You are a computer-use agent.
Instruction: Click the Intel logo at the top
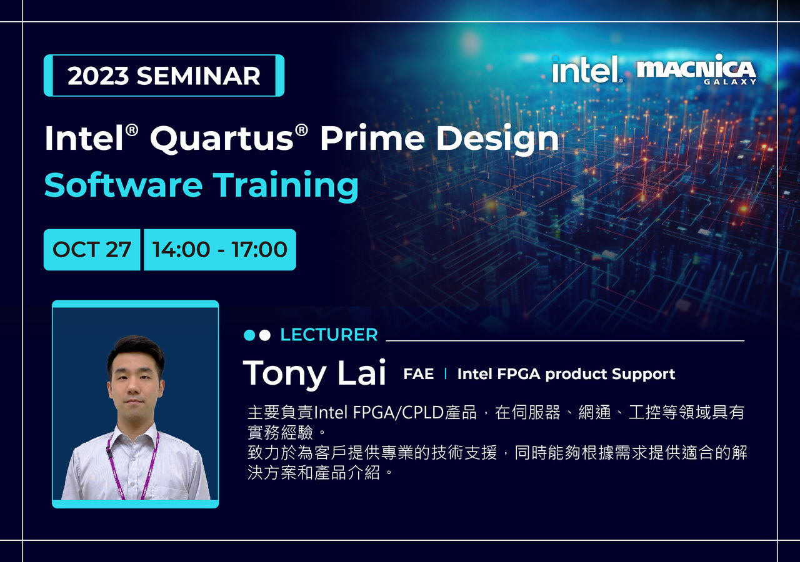tap(587, 69)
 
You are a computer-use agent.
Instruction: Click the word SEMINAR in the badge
tap(199, 76)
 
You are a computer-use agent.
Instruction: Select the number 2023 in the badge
tap(98, 76)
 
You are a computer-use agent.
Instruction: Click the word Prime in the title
tap(372, 138)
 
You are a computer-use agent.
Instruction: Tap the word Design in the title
tap(497, 140)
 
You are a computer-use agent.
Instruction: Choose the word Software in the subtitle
tap(123, 185)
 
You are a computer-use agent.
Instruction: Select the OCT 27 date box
tap(92, 249)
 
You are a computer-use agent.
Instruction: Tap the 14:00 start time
tap(181, 249)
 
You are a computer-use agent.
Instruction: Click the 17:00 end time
tap(259, 249)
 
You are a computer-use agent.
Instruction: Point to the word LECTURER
tap(329, 335)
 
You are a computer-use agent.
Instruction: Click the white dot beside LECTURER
tap(264, 335)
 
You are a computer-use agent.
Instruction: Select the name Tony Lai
tap(314, 373)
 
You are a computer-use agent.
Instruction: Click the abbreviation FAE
tap(419, 374)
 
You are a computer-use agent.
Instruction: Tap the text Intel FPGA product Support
tap(566, 374)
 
